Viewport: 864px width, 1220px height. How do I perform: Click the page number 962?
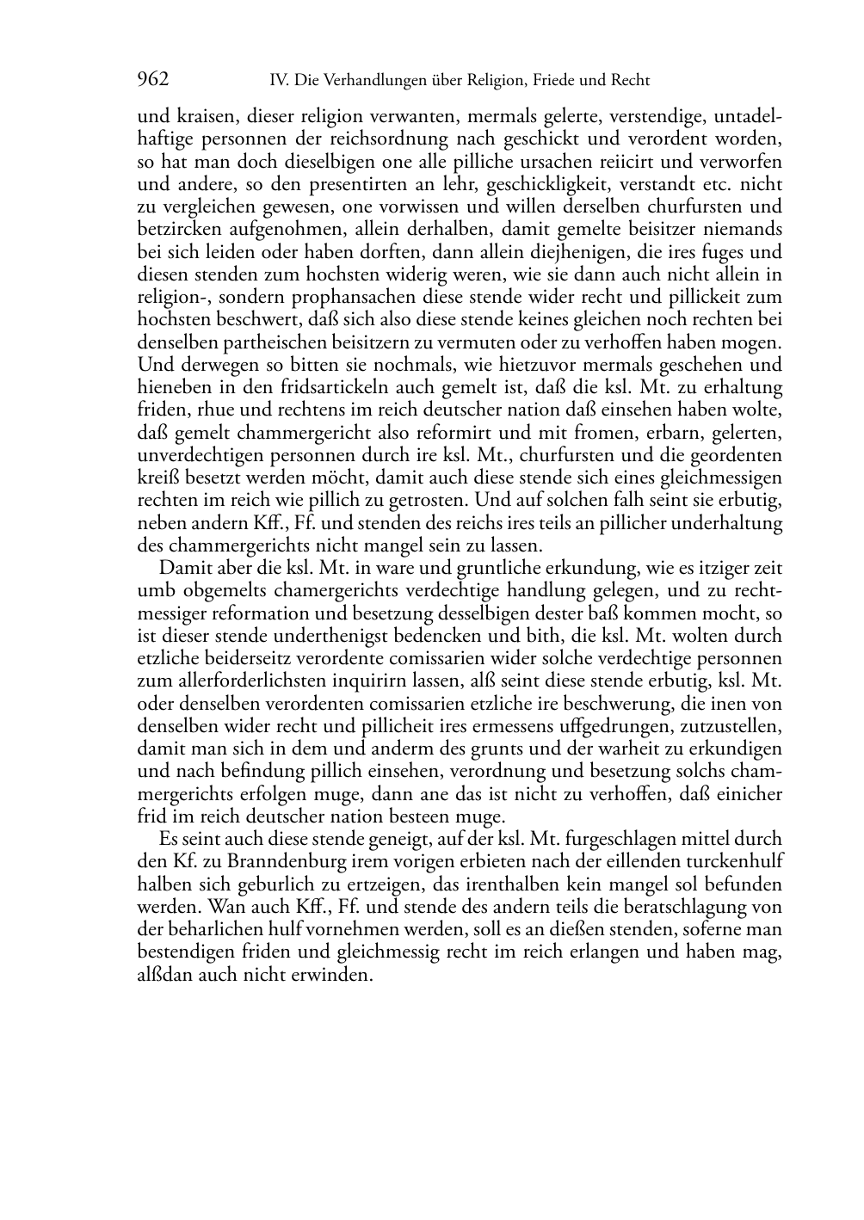(x=153, y=80)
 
